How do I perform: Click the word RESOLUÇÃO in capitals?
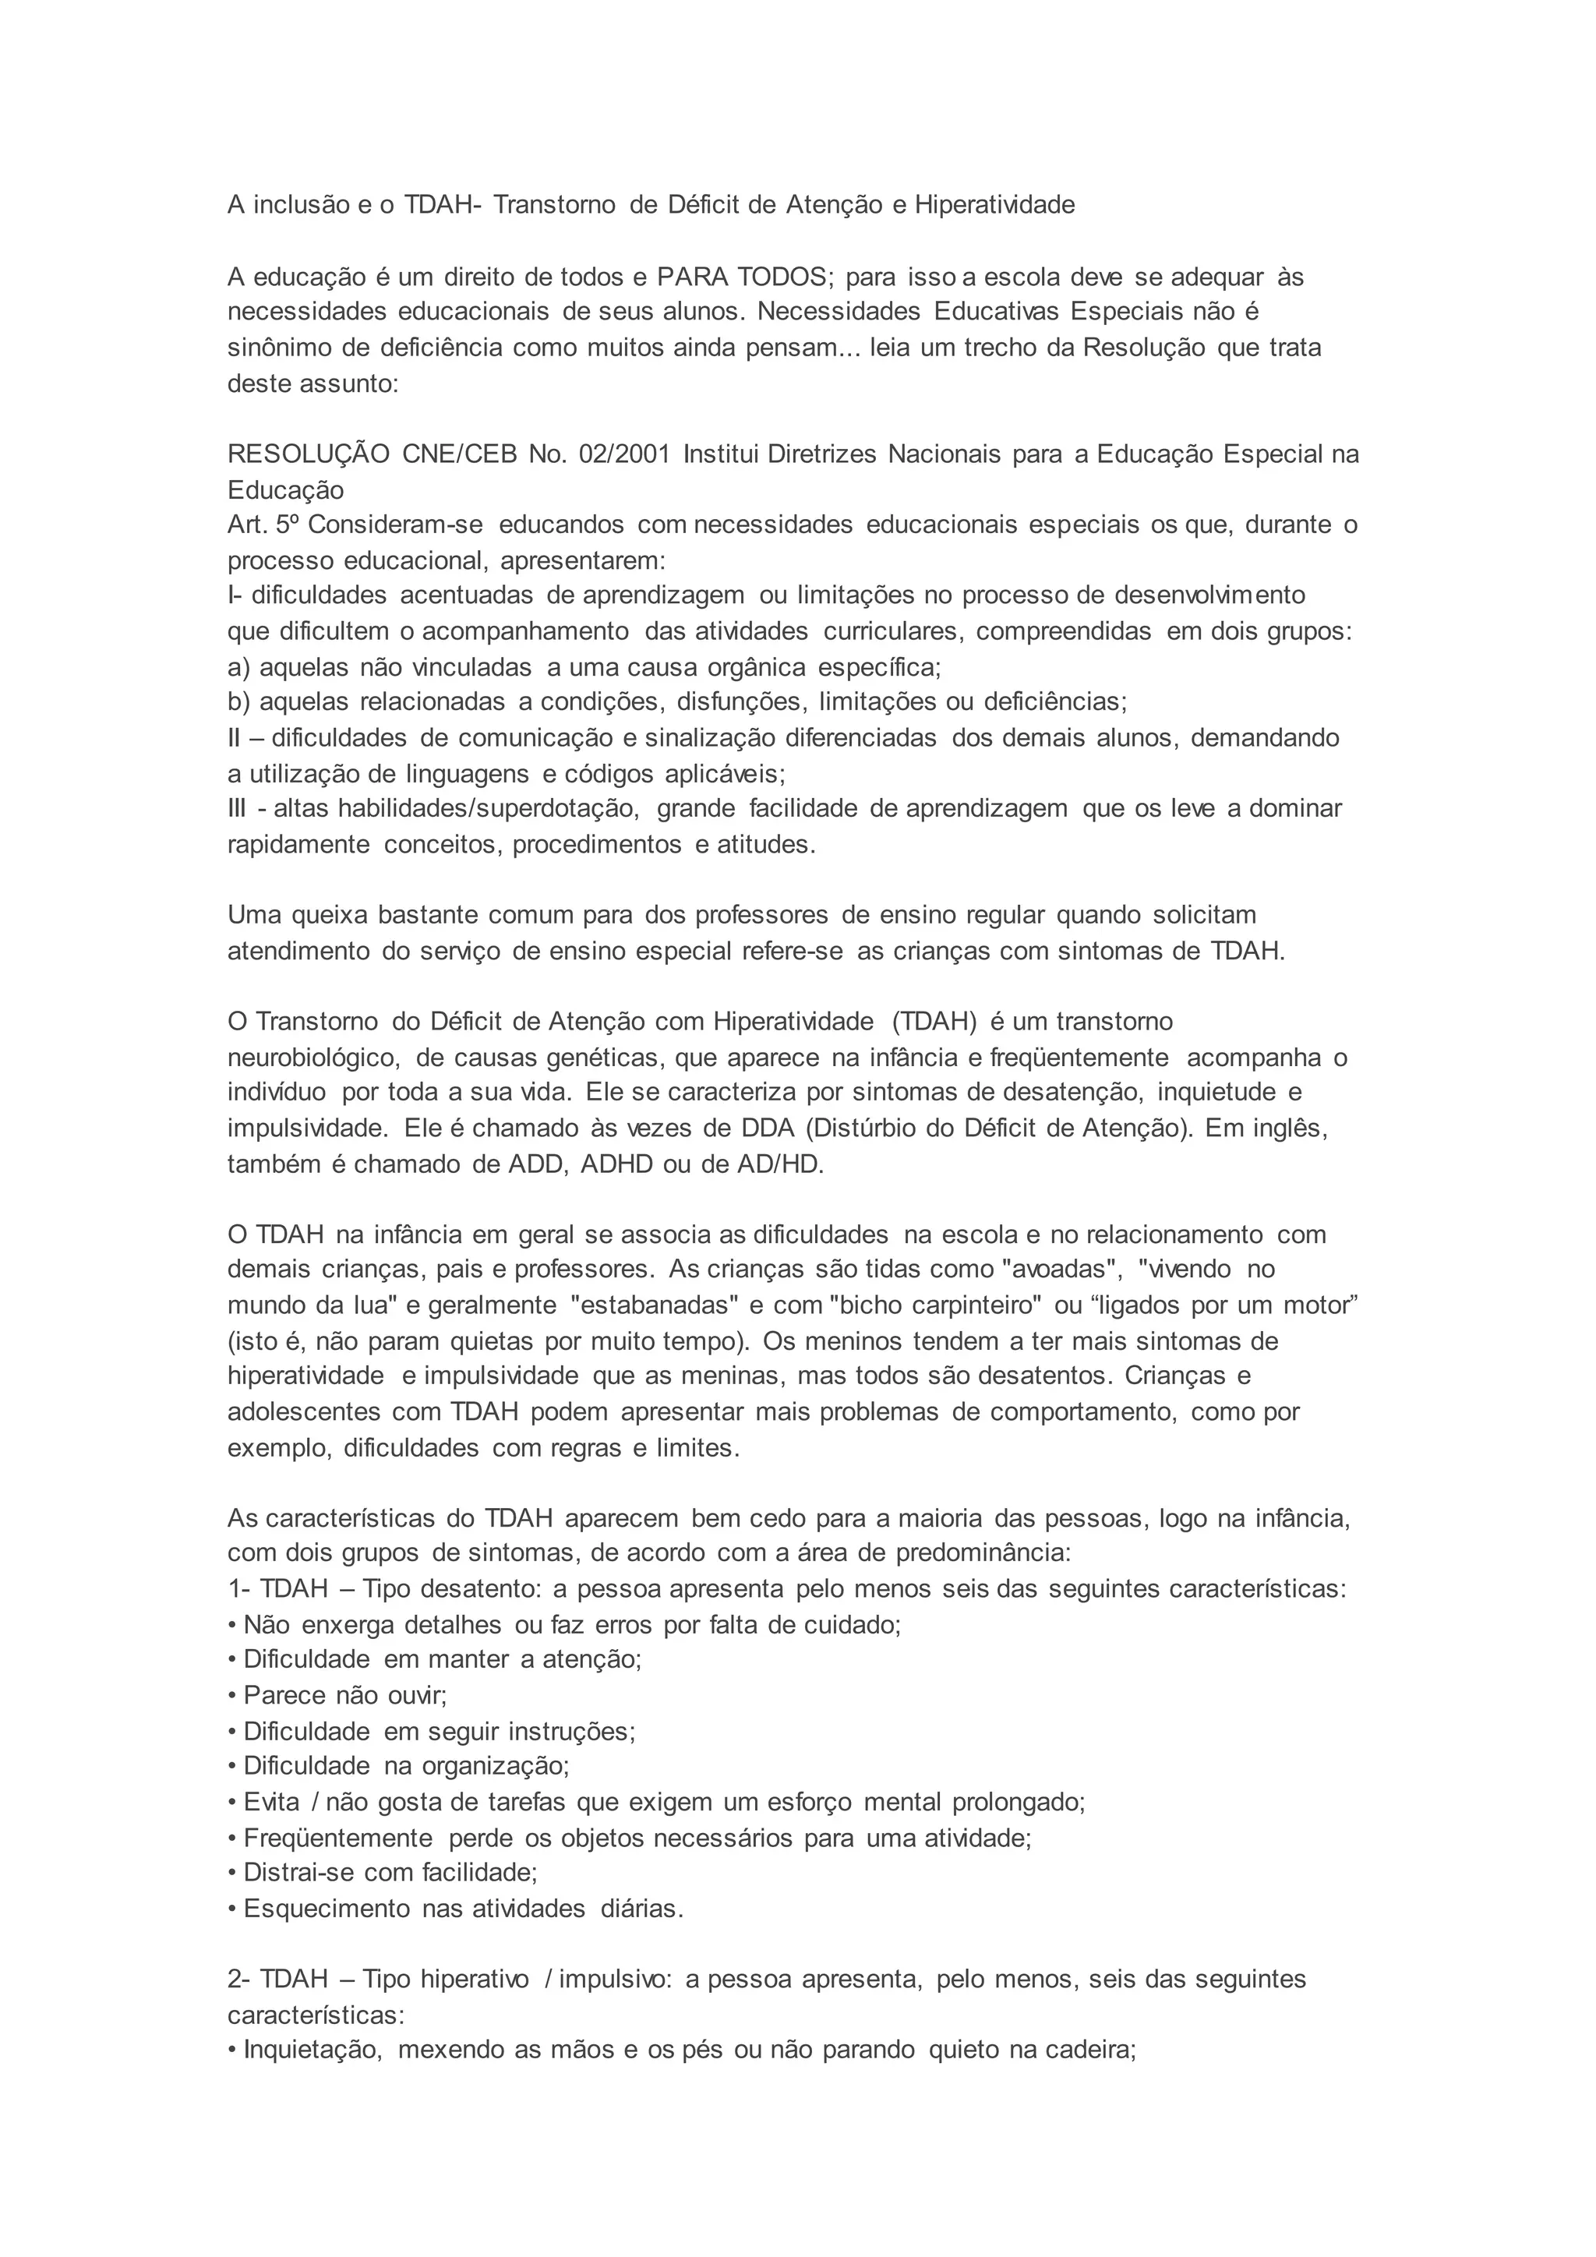tap(308, 454)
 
